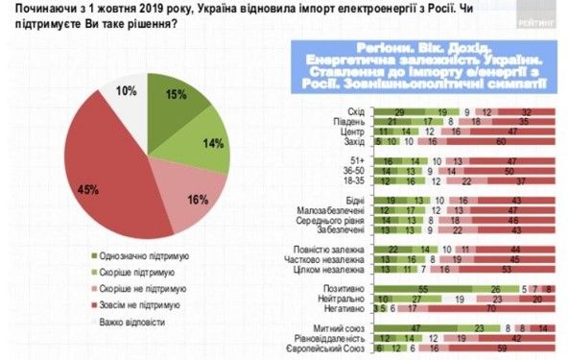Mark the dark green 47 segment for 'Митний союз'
(x=413, y=328)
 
